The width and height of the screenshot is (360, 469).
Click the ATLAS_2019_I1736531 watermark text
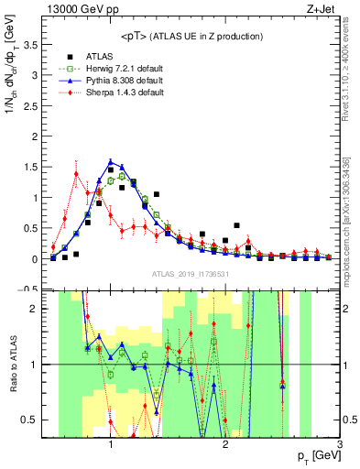(191, 273)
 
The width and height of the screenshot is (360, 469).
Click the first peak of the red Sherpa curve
(76, 173)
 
